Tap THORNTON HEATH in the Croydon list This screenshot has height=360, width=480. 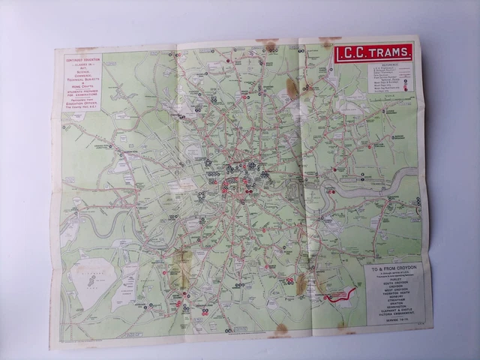391,292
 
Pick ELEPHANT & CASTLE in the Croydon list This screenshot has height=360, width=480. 391,310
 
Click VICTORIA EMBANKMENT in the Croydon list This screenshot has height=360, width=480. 391,315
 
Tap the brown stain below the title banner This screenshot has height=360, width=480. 291,89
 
